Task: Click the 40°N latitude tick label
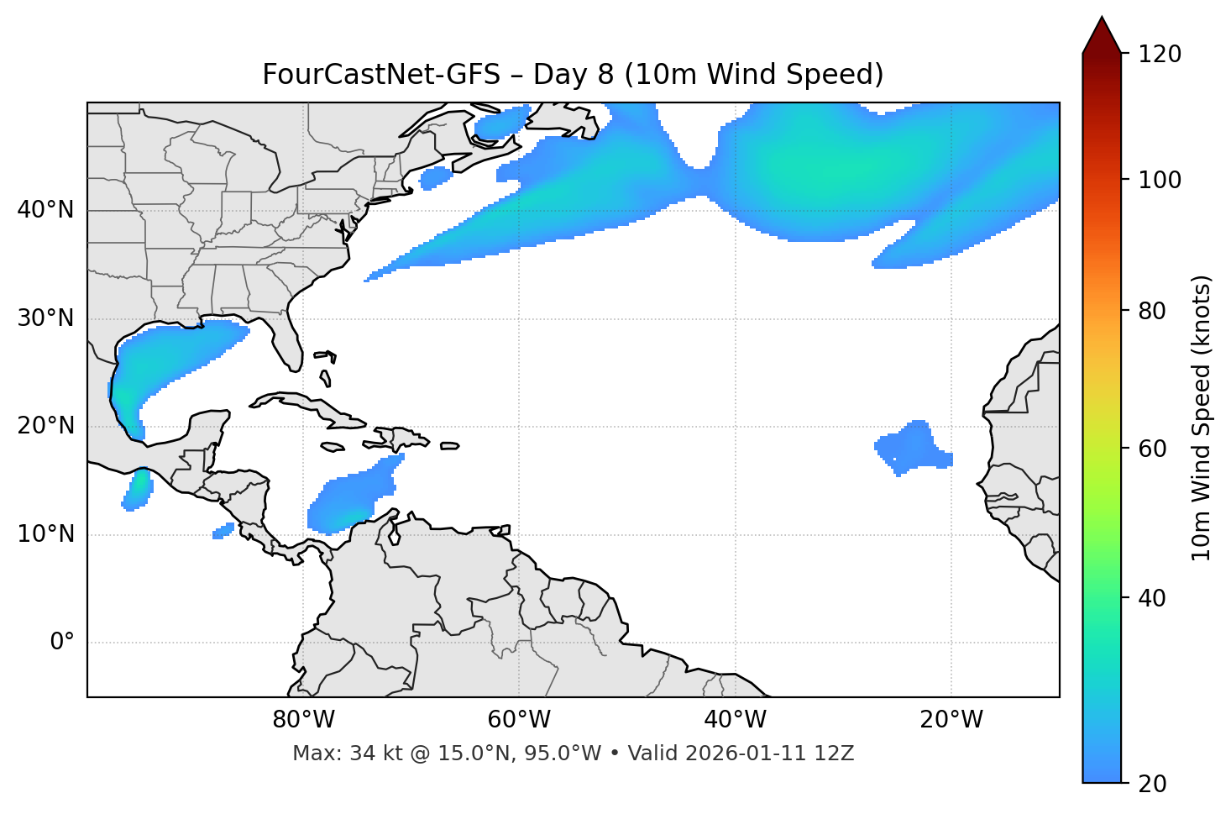coord(45,210)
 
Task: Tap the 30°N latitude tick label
coord(45,318)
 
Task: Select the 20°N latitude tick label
coord(45,426)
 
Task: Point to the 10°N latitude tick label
coord(45,534)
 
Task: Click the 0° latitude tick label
coord(62,643)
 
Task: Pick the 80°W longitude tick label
coord(303,720)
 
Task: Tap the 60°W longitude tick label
coord(519,720)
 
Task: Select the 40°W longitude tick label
coord(735,720)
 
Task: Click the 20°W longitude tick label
coord(951,720)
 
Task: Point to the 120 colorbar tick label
coord(1159,54)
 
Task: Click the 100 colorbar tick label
coord(1159,180)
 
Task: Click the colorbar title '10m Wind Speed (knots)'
coord(1202,418)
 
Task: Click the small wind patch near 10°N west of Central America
coord(223,531)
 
